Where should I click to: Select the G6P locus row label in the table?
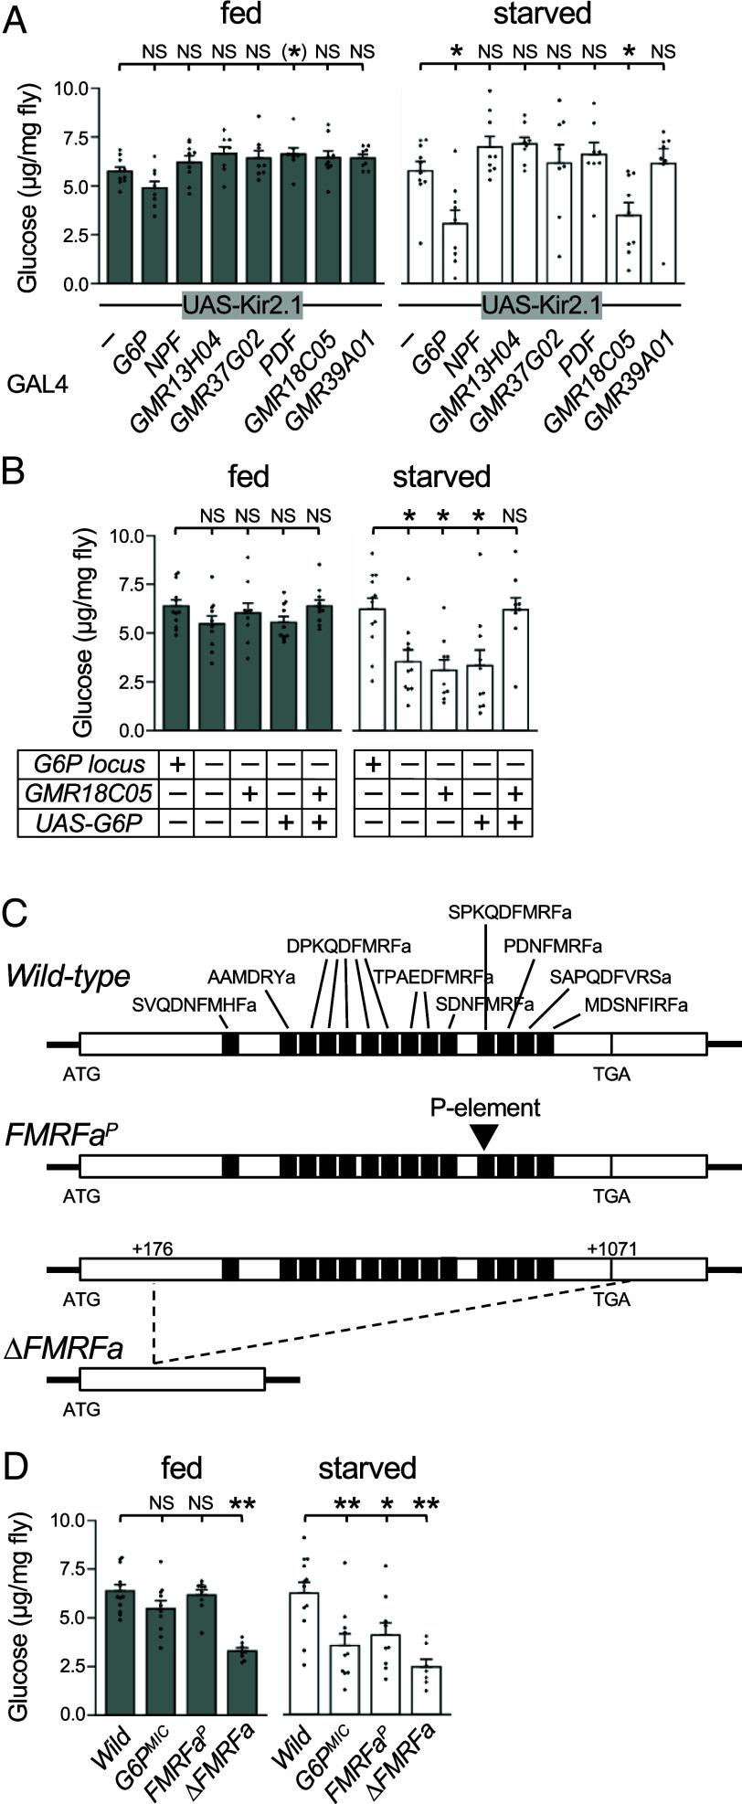point(88,763)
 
